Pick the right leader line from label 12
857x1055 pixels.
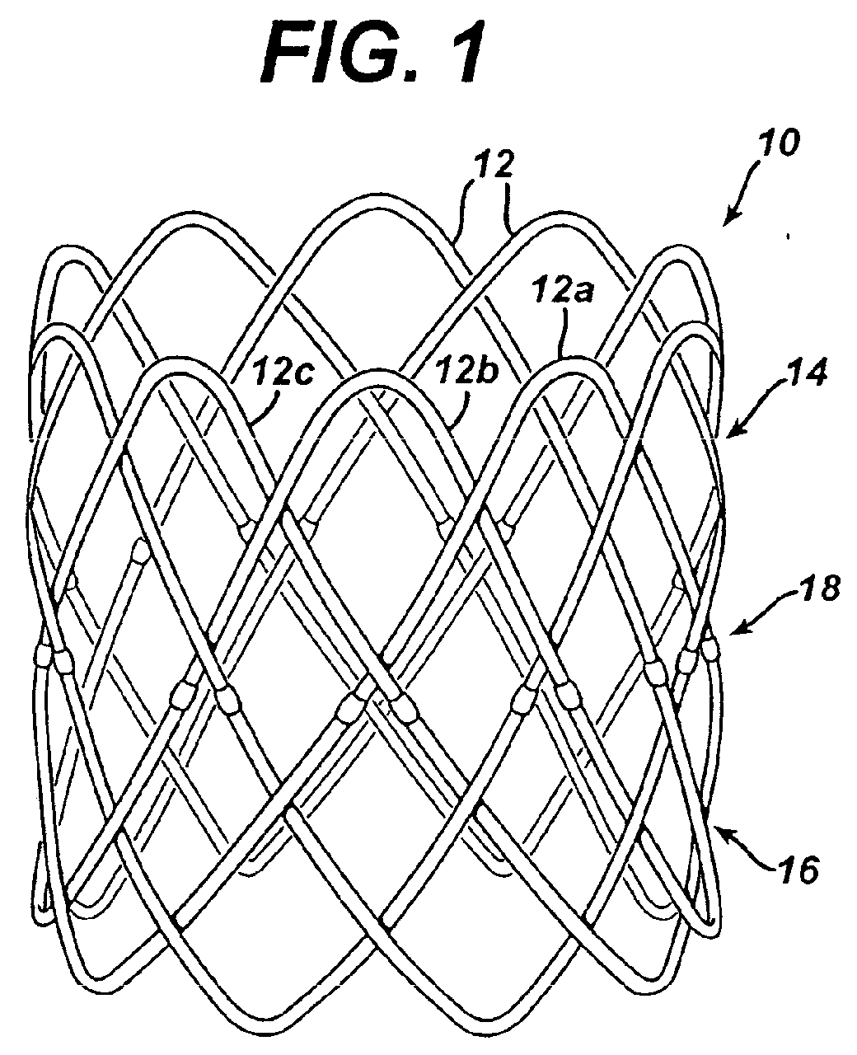pos(511,212)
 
